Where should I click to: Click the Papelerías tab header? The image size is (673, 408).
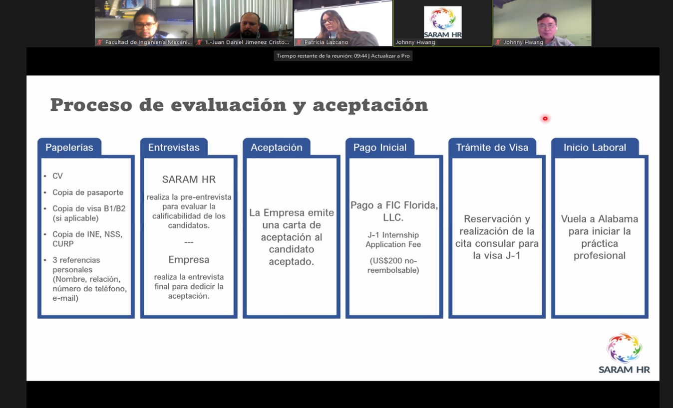(69, 148)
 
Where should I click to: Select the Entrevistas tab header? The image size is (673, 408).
(174, 148)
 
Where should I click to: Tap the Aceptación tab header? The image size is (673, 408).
(277, 148)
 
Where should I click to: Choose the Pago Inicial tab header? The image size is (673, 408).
(380, 148)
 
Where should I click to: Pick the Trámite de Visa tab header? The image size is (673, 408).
(492, 148)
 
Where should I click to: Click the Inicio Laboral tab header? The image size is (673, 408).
(595, 148)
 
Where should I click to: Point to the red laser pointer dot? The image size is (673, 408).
(545, 119)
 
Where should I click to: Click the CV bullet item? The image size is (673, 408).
(57, 176)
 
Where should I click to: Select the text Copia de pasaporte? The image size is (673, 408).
(88, 193)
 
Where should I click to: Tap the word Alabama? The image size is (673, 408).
(618, 219)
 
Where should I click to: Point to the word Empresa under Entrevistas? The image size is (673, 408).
(189, 260)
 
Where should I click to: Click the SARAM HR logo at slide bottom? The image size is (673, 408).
(624, 353)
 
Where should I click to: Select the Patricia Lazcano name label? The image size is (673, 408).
(326, 42)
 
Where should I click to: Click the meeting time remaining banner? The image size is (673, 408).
(343, 56)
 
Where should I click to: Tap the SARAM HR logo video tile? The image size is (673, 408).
(442, 23)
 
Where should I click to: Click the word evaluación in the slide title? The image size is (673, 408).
(229, 105)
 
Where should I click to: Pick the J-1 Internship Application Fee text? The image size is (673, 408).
(393, 239)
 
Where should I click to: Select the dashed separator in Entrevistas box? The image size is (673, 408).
(189, 242)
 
